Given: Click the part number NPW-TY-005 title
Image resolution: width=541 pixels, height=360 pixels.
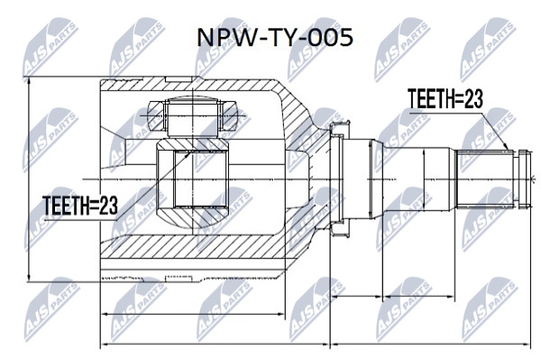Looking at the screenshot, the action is coord(275,37).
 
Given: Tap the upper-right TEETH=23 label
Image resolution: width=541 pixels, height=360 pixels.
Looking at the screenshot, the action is coord(445,98).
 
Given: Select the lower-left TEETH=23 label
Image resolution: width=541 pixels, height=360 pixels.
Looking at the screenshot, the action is coord(80,205).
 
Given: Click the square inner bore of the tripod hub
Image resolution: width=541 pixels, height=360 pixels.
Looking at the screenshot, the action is coord(191,180).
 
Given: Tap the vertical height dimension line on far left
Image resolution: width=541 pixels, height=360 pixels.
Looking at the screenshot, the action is coord(30,179).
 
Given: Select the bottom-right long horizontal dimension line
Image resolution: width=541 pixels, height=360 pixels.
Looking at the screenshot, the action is coord(430,344).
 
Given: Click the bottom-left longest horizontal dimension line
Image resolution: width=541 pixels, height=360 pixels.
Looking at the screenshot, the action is coord(215,344).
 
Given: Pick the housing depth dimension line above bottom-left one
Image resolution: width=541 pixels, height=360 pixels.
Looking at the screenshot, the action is coord(193,314).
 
